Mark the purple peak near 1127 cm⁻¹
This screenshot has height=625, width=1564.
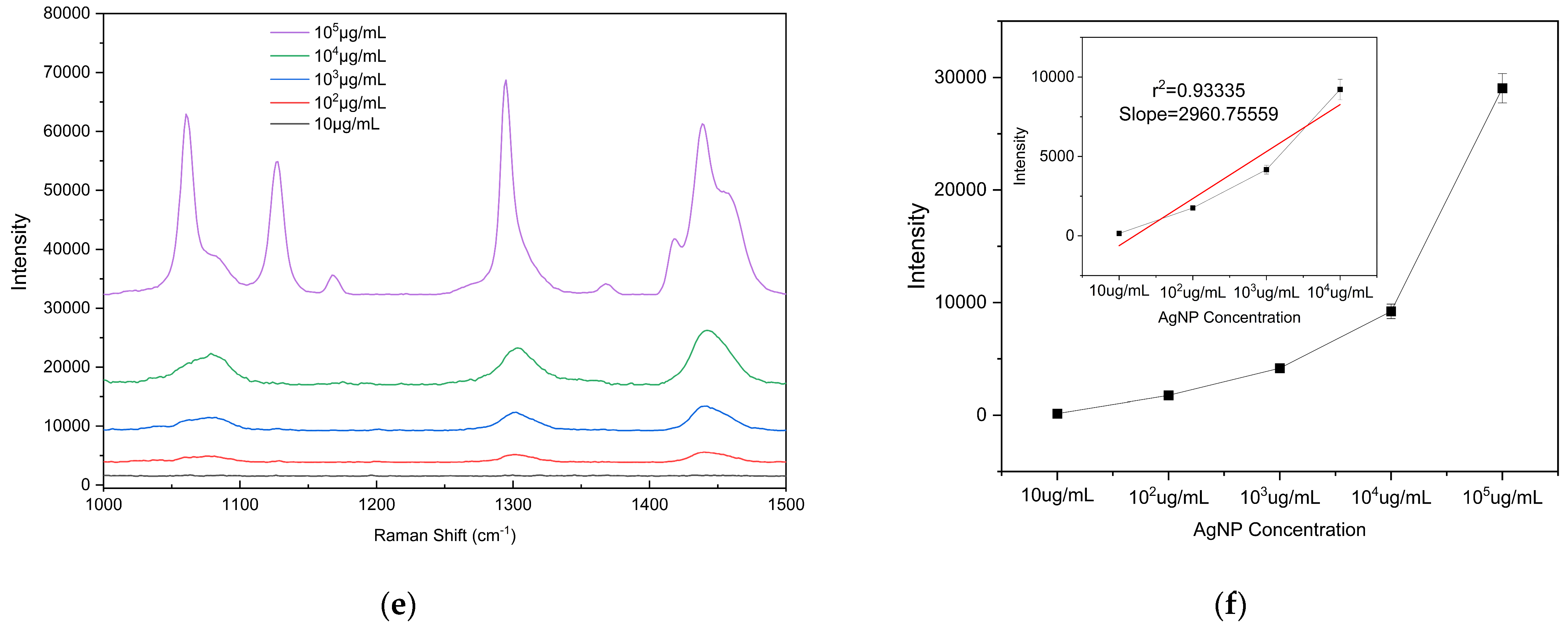click(x=277, y=162)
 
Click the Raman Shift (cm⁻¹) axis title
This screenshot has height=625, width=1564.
click(x=444, y=535)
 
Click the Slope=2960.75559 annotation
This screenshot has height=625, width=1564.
click(x=1198, y=114)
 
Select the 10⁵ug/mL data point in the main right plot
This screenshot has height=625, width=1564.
click(x=1502, y=88)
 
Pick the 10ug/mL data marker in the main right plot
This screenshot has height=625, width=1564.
click(x=1057, y=414)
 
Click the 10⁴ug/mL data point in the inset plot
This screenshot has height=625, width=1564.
click(x=1340, y=89)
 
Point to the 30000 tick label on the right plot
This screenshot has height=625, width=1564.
click(x=960, y=77)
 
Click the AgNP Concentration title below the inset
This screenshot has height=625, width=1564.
click(x=1229, y=318)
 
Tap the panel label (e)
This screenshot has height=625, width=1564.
click(x=398, y=605)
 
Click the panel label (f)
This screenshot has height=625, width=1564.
click(x=1230, y=605)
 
